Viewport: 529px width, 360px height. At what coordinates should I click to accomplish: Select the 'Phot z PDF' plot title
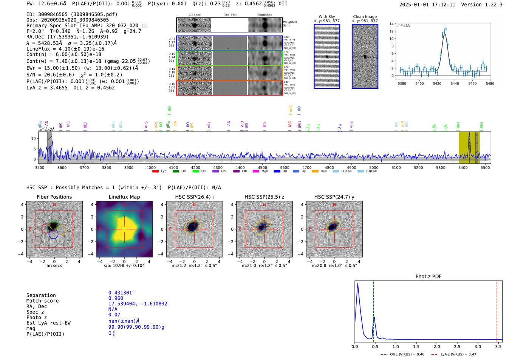coord(428,276)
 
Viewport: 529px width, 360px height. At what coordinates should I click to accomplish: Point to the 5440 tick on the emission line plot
coord(455,83)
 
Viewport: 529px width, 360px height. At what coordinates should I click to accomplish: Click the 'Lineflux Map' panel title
coord(124,197)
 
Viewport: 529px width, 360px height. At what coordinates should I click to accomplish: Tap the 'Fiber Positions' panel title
coord(54,197)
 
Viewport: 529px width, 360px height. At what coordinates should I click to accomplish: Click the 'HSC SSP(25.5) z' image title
coord(264,197)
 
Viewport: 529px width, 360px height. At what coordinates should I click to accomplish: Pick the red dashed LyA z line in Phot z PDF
coord(497,310)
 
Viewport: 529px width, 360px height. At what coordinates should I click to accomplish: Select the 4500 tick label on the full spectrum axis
coord(262,168)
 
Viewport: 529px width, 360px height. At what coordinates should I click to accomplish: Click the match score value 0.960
coord(116,298)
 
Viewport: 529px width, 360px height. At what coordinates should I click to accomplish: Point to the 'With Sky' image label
coord(327,17)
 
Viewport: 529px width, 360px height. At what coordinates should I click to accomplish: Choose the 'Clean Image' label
coord(365,17)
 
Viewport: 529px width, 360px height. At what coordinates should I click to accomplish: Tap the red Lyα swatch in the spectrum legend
coord(155,172)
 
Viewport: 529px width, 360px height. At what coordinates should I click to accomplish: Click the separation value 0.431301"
coord(122,293)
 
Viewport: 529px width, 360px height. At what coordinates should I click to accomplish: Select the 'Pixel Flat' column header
coord(230,15)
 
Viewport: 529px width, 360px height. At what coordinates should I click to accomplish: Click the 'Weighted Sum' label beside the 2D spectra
coord(289,24)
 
